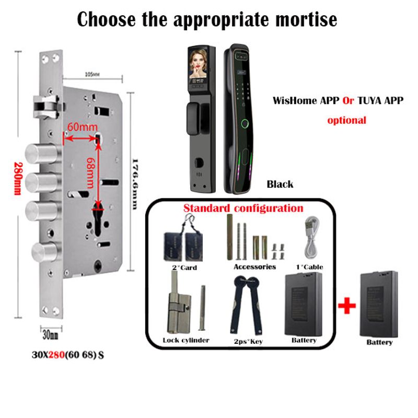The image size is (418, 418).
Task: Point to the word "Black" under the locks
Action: pos(280,184)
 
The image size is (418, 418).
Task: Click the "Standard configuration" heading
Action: pos(243,208)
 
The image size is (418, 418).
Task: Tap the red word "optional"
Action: pos(346,120)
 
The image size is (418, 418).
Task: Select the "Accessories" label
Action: pos(254,266)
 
